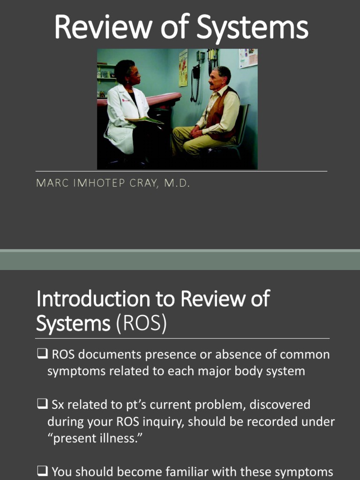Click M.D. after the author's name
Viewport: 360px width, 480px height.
point(177,183)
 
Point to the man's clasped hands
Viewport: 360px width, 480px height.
point(196,132)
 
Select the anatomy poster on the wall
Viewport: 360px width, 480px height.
point(183,67)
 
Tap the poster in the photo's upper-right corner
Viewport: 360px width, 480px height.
point(248,58)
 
